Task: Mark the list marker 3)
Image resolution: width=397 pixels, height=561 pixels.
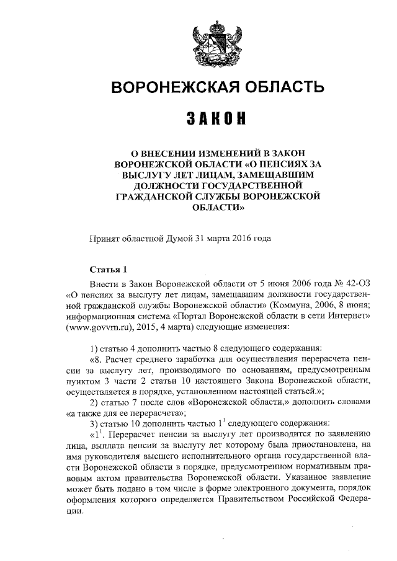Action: pyautogui.click(x=94, y=423)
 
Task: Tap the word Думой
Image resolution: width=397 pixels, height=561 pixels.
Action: pyautogui.click(x=179, y=237)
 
